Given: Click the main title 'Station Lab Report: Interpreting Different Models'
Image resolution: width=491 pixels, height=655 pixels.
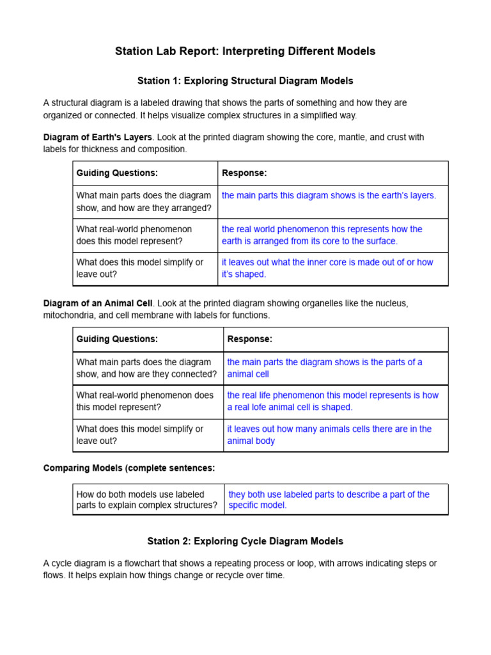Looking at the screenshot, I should (245, 51).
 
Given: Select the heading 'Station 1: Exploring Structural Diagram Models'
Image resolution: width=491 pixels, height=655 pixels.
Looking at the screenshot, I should (245, 81).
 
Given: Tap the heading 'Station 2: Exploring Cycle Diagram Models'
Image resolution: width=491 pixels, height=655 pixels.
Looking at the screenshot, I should (245, 541).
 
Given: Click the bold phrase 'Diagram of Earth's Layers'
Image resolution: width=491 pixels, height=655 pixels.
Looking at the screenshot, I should (97, 138).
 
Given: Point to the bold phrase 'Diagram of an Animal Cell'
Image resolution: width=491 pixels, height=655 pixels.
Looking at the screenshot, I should (98, 303).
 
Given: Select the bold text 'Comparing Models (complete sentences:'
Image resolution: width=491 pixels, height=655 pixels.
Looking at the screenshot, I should (129, 468).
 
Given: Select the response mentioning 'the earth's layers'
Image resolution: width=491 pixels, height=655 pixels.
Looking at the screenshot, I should (329, 196).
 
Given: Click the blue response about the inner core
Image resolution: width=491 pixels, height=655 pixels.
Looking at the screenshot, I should (327, 268).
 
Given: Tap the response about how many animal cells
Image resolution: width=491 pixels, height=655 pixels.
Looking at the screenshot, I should (329, 435).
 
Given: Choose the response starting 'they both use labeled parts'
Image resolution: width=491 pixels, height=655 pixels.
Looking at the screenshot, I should (329, 500).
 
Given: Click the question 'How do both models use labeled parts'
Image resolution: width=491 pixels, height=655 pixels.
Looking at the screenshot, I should (146, 500).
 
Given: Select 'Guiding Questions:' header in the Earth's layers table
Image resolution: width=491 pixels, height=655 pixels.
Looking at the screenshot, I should (117, 173).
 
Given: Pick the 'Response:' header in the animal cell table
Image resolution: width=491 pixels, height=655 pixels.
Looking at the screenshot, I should (249, 339).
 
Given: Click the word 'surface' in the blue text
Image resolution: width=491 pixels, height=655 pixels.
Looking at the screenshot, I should (380, 241).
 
